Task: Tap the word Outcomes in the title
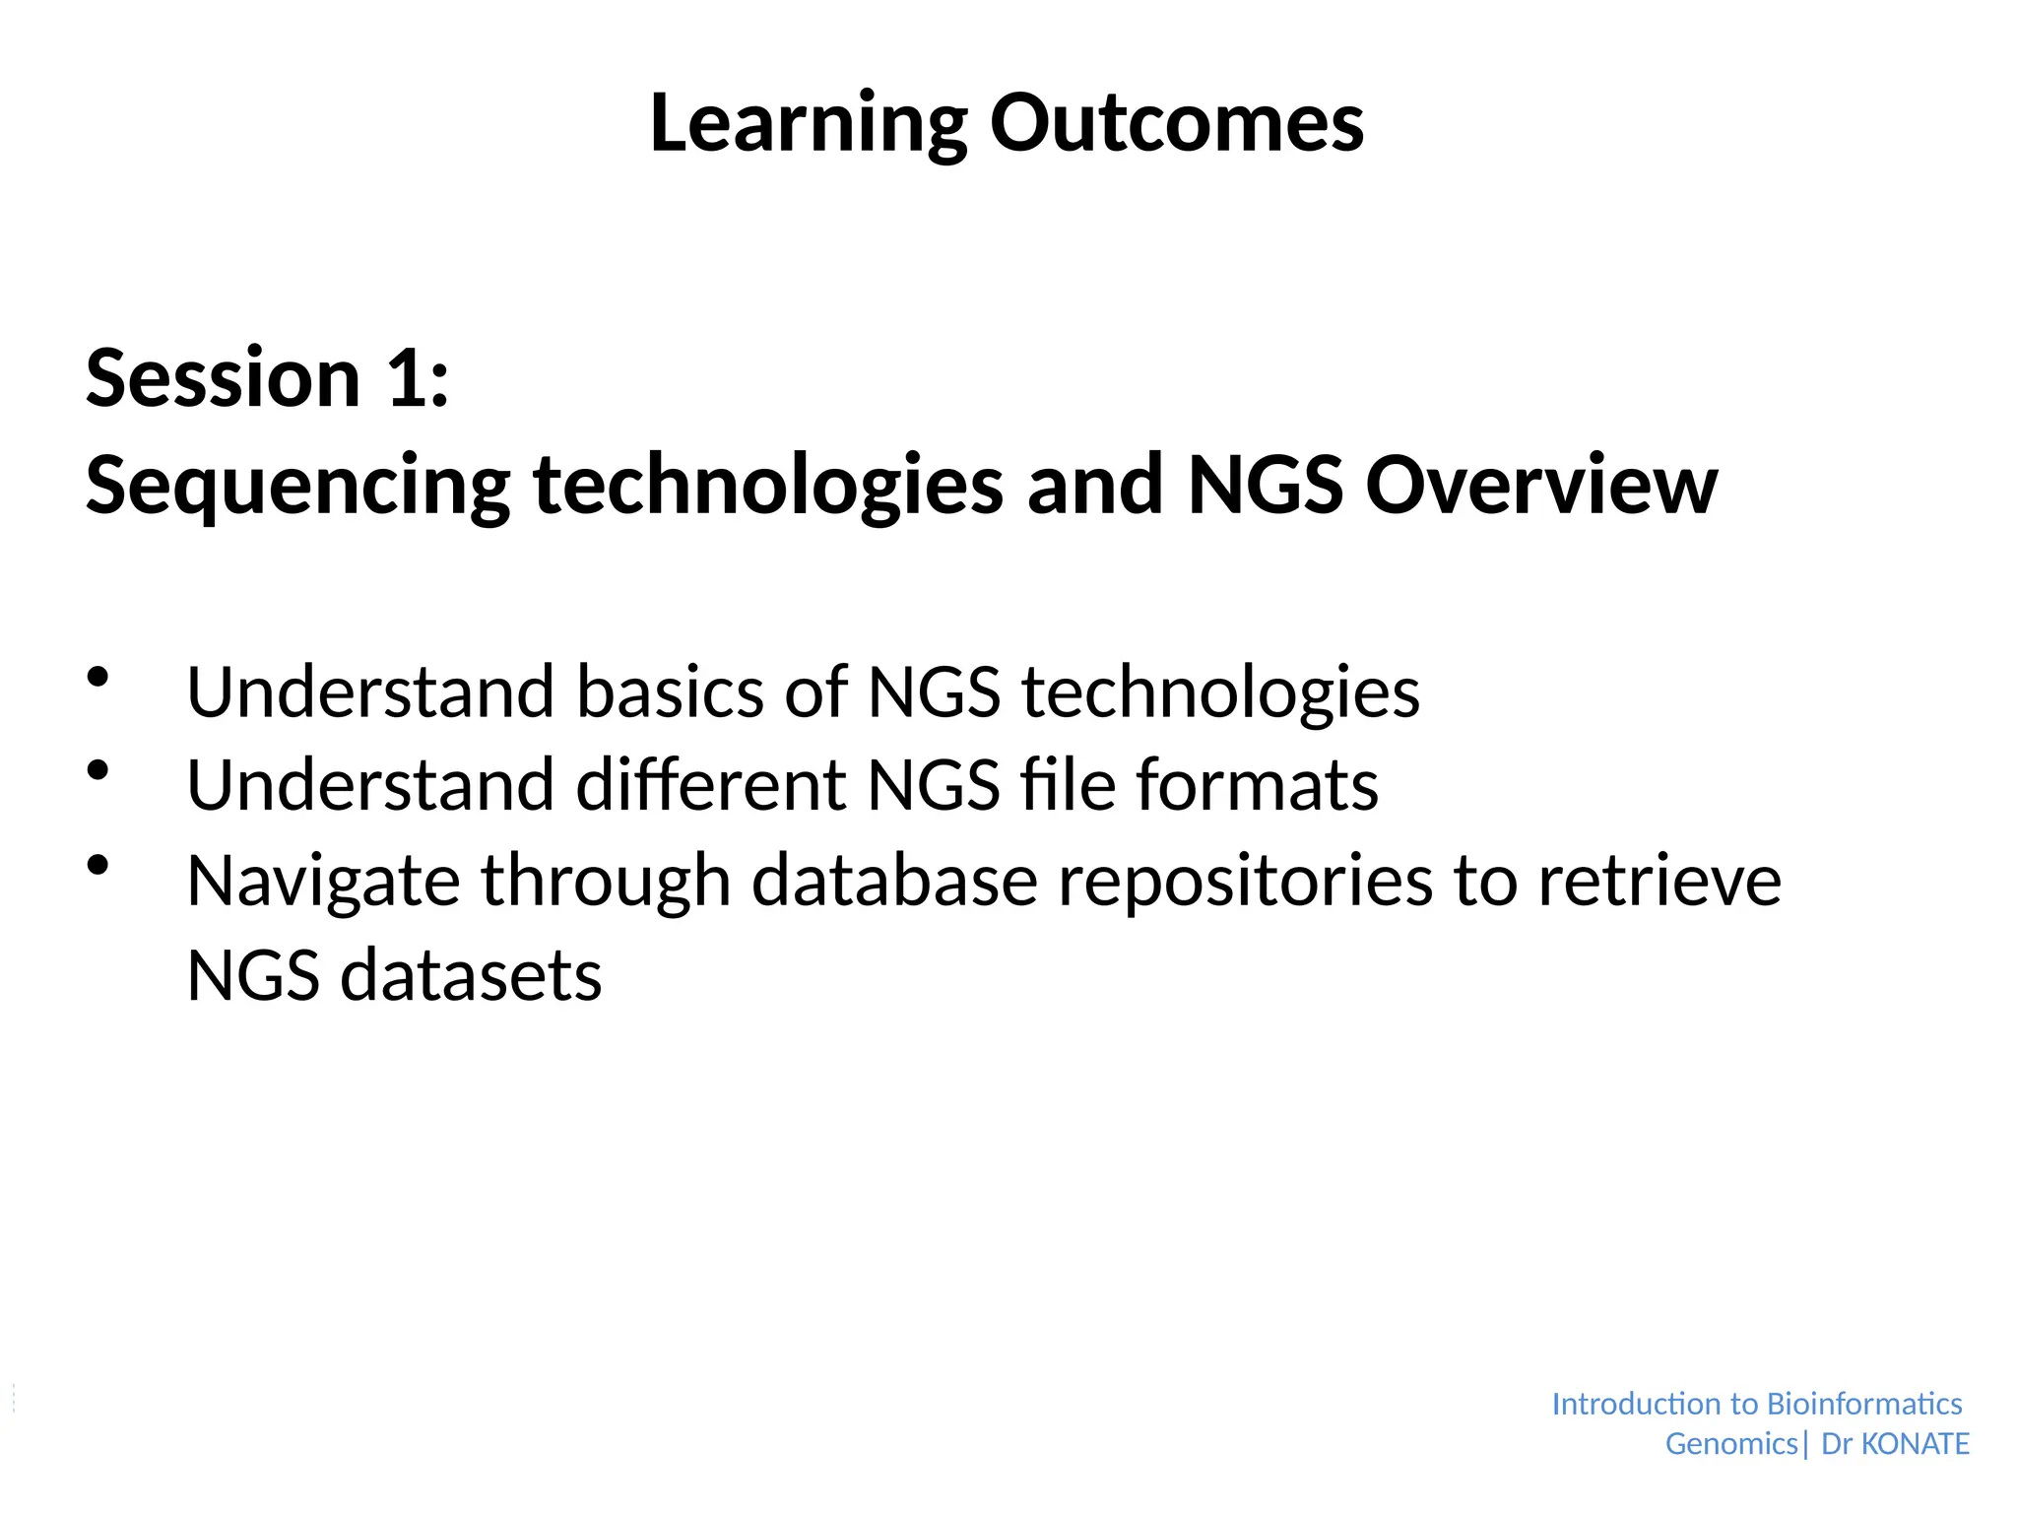(x=1176, y=123)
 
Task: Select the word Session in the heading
(x=224, y=379)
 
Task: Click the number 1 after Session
(x=409, y=379)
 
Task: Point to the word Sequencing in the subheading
(x=297, y=487)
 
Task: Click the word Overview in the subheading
(x=1540, y=485)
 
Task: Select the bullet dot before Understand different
(x=98, y=770)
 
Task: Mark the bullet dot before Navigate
(x=98, y=865)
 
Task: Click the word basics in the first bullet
(x=669, y=691)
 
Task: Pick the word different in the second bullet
(x=709, y=785)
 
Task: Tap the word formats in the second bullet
(x=1257, y=785)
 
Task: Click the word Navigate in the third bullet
(x=323, y=882)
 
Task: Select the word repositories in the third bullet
(x=1245, y=882)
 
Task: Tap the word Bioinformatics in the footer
(x=1863, y=1404)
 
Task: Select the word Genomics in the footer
(x=1731, y=1444)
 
